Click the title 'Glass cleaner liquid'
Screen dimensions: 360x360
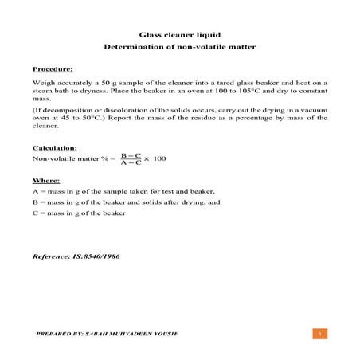pos(179,35)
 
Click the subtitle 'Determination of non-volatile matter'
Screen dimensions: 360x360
pos(179,48)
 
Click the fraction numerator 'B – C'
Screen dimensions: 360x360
pos(131,155)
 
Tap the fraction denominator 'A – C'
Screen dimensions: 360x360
pos(131,163)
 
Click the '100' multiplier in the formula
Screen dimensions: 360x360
pos(159,159)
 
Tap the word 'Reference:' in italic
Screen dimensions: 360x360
pos(51,257)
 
